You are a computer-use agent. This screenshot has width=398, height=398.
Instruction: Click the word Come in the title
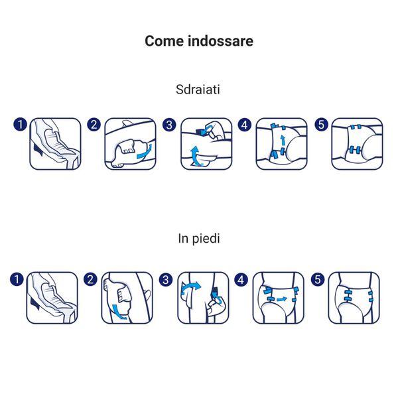[x=164, y=41]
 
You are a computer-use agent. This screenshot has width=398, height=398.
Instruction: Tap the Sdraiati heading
[x=198, y=90]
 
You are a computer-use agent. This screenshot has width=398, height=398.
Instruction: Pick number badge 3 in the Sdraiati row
[x=170, y=125]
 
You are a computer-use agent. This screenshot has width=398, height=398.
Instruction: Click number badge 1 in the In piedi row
[x=17, y=279]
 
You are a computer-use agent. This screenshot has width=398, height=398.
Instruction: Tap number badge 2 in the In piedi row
[x=92, y=279]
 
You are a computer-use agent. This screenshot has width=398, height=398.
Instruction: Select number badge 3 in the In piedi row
[x=167, y=279]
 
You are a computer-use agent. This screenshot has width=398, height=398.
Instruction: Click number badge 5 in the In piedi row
[x=318, y=279]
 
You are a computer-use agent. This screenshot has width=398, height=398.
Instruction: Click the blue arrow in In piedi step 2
[x=120, y=310]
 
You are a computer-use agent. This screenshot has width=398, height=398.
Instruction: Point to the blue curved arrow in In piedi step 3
[x=190, y=287]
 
